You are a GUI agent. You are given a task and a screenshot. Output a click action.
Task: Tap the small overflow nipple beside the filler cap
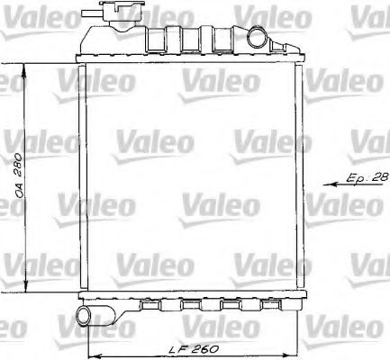click(x=90, y=13)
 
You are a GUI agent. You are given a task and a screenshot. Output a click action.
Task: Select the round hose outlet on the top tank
click(x=257, y=37)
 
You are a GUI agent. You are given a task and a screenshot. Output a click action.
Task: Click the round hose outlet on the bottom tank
click(x=84, y=317)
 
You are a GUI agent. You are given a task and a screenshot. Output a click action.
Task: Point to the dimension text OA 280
click(x=19, y=175)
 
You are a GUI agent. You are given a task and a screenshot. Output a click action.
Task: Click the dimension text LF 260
click(x=194, y=349)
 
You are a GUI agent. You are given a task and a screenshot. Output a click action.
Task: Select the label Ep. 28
click(x=367, y=177)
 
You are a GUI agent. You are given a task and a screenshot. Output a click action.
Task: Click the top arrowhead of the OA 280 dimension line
click(x=24, y=68)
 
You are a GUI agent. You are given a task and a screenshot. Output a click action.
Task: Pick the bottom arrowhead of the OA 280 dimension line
click(x=25, y=287)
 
